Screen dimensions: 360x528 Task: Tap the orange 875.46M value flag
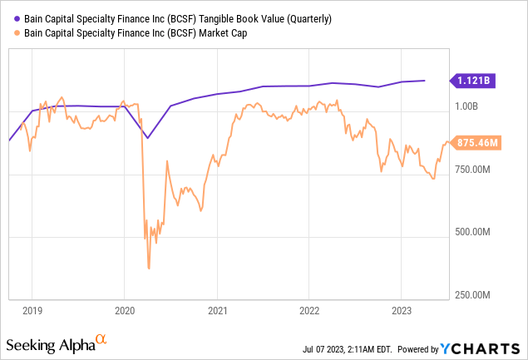(x=476, y=142)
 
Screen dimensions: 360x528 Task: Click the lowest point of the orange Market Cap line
(x=149, y=268)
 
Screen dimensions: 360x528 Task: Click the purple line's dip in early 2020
(x=147, y=138)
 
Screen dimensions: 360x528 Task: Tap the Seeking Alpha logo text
(x=51, y=344)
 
